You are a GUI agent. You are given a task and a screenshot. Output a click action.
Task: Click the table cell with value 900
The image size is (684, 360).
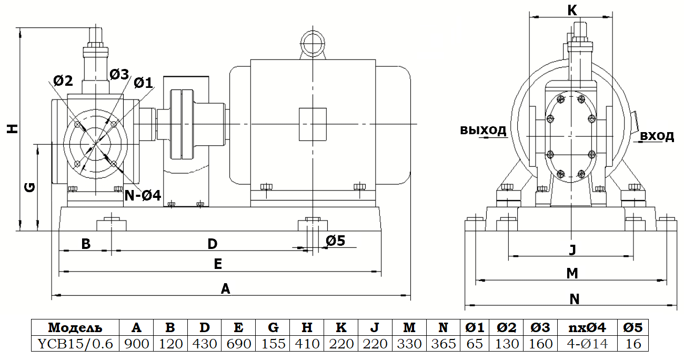[136, 344]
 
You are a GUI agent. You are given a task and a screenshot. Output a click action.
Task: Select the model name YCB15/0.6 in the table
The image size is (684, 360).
[75, 344]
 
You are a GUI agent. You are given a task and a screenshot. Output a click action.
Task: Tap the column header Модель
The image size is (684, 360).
[75, 328]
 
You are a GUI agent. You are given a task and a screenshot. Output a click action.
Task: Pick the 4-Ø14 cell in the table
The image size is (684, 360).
[587, 344]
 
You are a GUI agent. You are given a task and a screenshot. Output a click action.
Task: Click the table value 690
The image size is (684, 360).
[238, 344]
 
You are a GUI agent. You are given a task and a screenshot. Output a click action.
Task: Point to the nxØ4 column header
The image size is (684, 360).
[587, 328]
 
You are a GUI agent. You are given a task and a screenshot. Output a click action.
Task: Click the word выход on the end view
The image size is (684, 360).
[483, 130]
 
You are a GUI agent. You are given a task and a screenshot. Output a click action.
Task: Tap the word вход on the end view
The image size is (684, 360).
[657, 136]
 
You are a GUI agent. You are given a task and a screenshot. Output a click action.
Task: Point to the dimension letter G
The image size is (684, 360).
[30, 186]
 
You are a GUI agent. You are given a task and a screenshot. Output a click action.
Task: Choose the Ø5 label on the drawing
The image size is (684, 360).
[335, 241]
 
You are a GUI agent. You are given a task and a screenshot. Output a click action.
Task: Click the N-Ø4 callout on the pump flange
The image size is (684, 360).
[142, 195]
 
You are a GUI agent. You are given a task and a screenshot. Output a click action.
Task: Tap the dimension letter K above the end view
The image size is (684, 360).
[572, 9]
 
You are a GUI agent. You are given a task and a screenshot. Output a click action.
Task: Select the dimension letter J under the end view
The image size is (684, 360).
[572, 249]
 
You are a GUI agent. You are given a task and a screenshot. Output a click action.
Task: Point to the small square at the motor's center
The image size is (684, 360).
[313, 124]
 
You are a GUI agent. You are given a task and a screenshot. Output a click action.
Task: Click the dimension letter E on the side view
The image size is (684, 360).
[218, 264]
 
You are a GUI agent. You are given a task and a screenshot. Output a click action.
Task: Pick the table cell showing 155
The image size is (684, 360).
[273, 344]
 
